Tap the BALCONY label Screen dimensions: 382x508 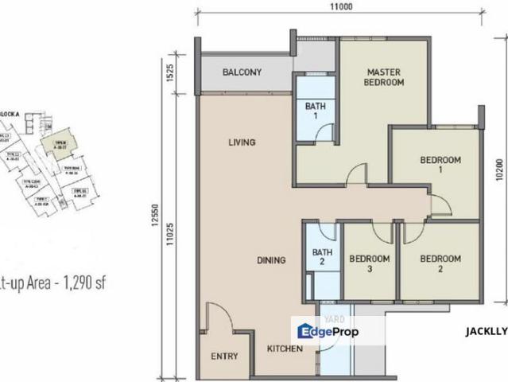click(242, 72)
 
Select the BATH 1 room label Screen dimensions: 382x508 click(312, 110)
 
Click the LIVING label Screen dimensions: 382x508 click(242, 143)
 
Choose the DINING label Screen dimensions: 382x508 click(271, 259)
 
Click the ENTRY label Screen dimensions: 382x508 click(225, 357)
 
